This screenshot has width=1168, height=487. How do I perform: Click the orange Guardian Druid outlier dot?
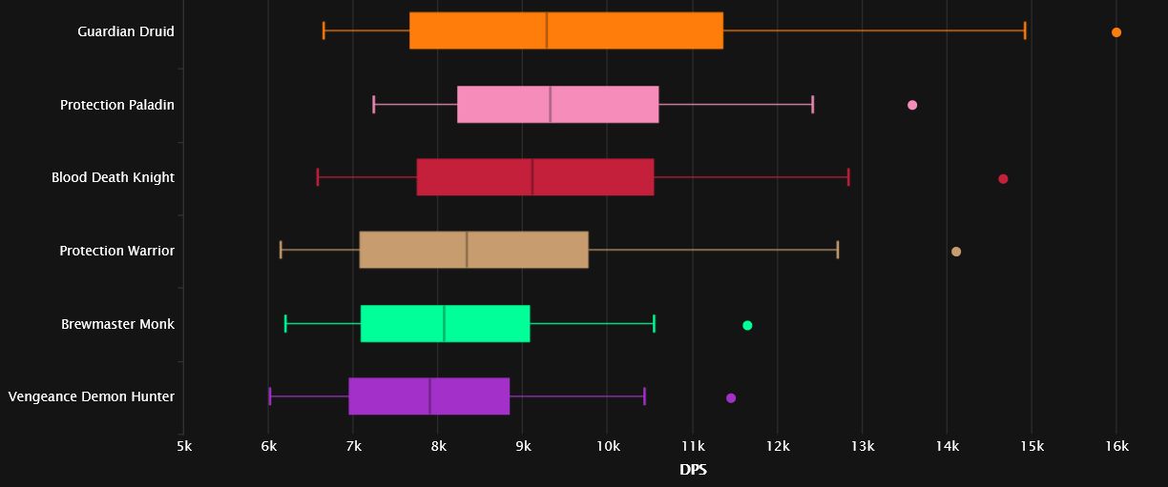point(1116,32)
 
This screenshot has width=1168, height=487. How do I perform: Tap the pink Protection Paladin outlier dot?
point(912,105)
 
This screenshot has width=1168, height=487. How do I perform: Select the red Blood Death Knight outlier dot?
point(1003,179)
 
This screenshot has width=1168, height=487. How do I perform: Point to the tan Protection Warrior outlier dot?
point(956,252)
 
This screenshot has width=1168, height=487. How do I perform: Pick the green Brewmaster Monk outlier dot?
point(747,326)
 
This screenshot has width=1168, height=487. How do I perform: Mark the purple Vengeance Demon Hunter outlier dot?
point(731,398)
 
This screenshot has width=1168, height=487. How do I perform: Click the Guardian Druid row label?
point(126,31)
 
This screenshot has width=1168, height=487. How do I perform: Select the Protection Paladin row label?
point(117,105)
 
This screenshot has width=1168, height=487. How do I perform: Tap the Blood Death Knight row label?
point(113,177)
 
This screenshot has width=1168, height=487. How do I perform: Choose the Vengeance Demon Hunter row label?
point(92,396)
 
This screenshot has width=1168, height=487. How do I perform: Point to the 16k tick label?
point(1116,447)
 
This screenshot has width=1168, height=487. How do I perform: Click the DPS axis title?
point(693,470)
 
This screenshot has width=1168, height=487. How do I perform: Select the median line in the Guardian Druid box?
point(547,30)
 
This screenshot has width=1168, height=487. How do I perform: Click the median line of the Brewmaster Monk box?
point(445,323)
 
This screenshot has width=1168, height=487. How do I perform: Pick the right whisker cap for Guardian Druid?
point(1025,30)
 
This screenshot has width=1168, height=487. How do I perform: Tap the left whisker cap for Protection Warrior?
point(281,250)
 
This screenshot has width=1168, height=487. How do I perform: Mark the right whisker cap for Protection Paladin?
point(813,104)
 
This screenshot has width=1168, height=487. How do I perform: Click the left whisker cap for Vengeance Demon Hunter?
point(270,396)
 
